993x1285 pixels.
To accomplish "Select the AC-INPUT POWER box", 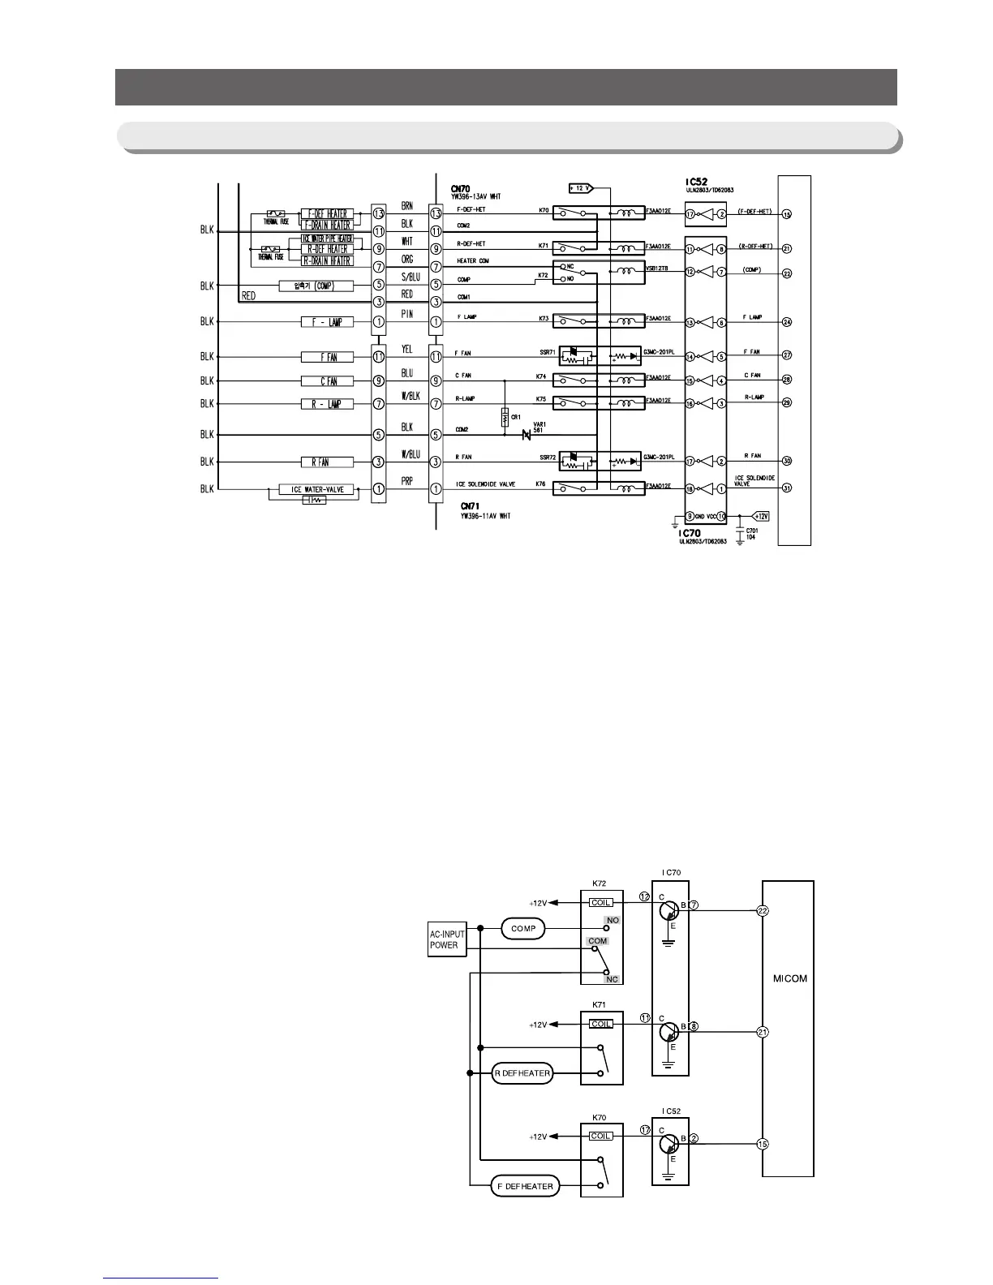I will [447, 940].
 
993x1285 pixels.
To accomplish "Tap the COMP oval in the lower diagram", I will [523, 929].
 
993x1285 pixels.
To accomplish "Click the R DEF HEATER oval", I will [522, 1073].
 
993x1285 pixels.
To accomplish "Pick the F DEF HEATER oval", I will [525, 1187].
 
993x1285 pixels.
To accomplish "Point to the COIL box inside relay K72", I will [601, 902].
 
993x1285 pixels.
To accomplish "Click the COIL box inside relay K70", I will [601, 1136].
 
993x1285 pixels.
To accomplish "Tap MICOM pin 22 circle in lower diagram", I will [762, 910].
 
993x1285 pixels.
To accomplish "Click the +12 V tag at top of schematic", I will [580, 188].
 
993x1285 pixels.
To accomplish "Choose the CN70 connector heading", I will [460, 188].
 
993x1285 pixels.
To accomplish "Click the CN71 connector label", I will [461, 506].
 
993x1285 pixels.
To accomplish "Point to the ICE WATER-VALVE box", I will [312, 489].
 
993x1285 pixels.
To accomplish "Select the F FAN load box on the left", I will [328, 357].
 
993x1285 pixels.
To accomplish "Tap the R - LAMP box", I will [328, 403].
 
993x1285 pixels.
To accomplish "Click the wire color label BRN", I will [407, 207].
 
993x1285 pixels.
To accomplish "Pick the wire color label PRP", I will [407, 481].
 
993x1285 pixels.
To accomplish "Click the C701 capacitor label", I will [752, 531].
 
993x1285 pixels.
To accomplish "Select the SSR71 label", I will [548, 354].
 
